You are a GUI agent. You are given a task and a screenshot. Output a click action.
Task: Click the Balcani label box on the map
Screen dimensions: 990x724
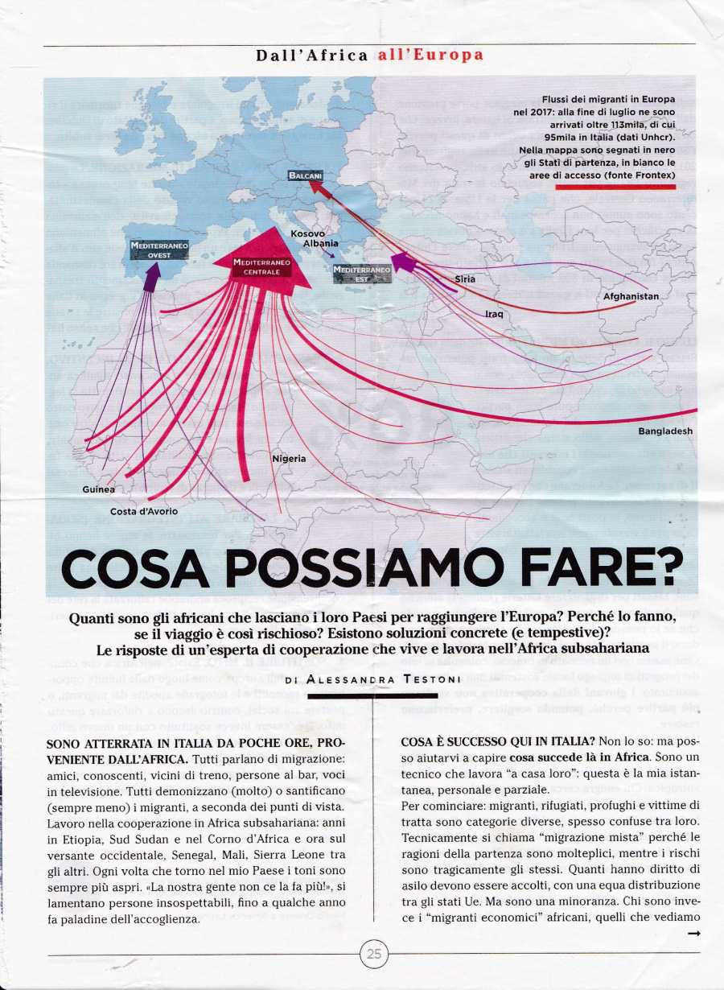pyautogui.click(x=304, y=175)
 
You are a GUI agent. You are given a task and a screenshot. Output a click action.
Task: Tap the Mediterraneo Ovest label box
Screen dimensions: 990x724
pyautogui.click(x=159, y=250)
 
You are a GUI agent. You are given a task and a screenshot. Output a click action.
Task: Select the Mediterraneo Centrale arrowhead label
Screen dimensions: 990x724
pyautogui.click(x=256, y=267)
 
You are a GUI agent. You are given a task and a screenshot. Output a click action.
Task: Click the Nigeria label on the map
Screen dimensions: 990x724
pyautogui.click(x=289, y=459)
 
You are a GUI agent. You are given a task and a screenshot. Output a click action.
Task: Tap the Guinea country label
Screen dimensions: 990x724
pyautogui.click(x=98, y=489)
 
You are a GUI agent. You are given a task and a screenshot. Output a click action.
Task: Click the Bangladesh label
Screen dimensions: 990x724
pyautogui.click(x=665, y=431)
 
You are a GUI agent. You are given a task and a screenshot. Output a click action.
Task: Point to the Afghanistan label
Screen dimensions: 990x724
pyautogui.click(x=631, y=296)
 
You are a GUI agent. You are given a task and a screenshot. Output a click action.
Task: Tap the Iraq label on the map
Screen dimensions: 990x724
pyautogui.click(x=494, y=314)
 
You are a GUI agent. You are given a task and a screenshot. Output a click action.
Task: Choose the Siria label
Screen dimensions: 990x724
pyautogui.click(x=466, y=279)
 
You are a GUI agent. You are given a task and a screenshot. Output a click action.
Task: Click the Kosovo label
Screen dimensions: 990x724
pyautogui.click(x=308, y=233)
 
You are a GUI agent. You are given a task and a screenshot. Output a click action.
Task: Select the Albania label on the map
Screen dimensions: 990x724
pyautogui.click(x=320, y=243)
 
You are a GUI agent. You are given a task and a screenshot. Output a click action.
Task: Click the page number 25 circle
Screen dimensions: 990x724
pyautogui.click(x=374, y=955)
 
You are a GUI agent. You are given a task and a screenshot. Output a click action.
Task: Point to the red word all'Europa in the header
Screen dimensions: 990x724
pyautogui.click(x=430, y=56)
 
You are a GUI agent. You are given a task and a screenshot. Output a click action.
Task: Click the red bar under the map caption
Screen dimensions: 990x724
pyautogui.click(x=615, y=186)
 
